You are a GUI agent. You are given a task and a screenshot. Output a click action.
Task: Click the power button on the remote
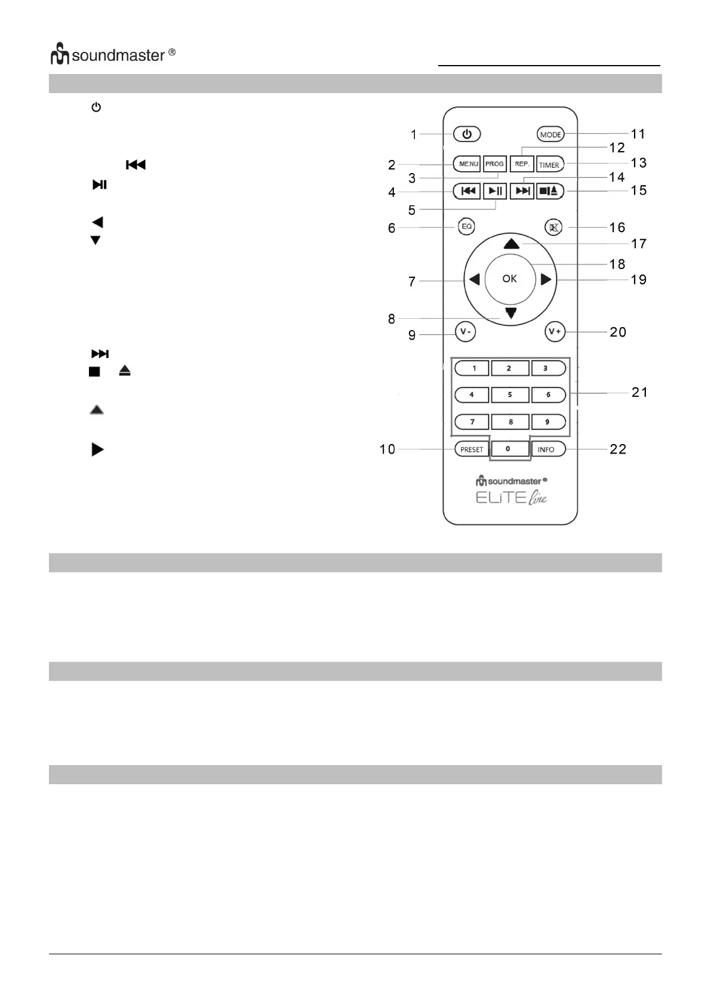tap(467, 134)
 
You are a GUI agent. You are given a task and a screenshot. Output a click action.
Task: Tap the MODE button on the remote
tap(550, 134)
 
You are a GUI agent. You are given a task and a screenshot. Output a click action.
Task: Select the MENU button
tap(468, 164)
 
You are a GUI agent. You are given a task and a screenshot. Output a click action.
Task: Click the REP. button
tap(522, 164)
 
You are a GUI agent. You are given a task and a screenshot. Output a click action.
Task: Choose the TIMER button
tap(549, 164)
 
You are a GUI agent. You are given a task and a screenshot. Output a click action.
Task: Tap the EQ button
tap(467, 227)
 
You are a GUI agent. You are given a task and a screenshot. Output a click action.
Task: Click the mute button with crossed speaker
tap(555, 227)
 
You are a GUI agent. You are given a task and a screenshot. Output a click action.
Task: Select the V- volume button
tap(465, 332)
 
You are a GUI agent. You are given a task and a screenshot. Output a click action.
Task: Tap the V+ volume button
tap(555, 332)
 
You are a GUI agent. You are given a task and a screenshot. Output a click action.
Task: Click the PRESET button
tap(472, 449)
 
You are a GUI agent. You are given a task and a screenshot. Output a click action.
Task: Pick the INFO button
tap(546, 449)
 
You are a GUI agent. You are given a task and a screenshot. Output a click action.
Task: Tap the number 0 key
tap(509, 449)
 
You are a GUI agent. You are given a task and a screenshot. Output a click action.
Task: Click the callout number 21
tap(639, 392)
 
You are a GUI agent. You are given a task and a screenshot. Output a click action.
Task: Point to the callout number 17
tap(638, 243)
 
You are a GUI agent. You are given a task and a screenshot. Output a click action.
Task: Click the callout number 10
tap(387, 449)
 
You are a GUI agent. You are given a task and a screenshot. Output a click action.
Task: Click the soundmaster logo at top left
tap(113, 55)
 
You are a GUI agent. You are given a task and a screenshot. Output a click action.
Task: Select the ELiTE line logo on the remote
tap(511, 497)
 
